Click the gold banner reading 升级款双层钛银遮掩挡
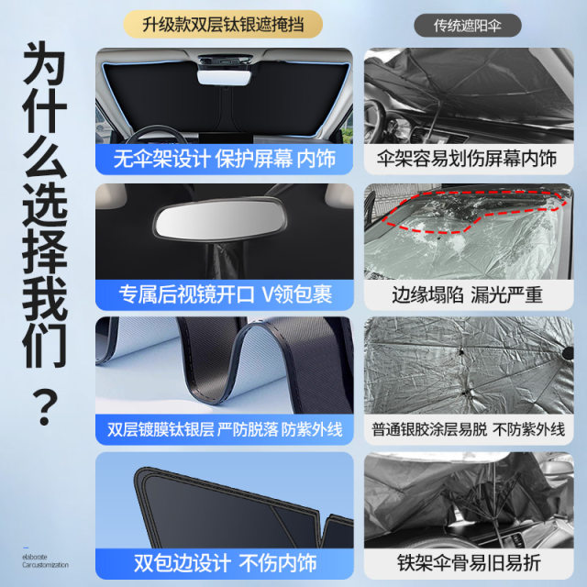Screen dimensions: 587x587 click(223, 25)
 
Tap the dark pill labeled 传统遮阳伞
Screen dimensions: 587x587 click(468, 26)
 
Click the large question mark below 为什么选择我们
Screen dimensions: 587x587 click(45, 407)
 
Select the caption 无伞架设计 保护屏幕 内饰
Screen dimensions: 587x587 click(224, 159)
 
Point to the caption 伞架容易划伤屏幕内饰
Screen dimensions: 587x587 click(467, 159)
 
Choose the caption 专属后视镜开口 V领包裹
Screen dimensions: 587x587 click(225, 294)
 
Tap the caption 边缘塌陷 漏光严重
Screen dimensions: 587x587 click(467, 294)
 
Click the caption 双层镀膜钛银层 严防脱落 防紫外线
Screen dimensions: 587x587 click(225, 429)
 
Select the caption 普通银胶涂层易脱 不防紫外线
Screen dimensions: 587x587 click(469, 429)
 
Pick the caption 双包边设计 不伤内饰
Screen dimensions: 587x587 click(225, 562)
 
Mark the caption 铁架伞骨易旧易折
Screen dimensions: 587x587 click(469, 562)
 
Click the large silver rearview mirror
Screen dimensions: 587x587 click(220, 219)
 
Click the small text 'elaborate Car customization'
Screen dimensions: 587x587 click(45, 560)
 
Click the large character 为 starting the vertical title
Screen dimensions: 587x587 click(45, 63)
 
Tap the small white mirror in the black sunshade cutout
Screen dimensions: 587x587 click(224, 77)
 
